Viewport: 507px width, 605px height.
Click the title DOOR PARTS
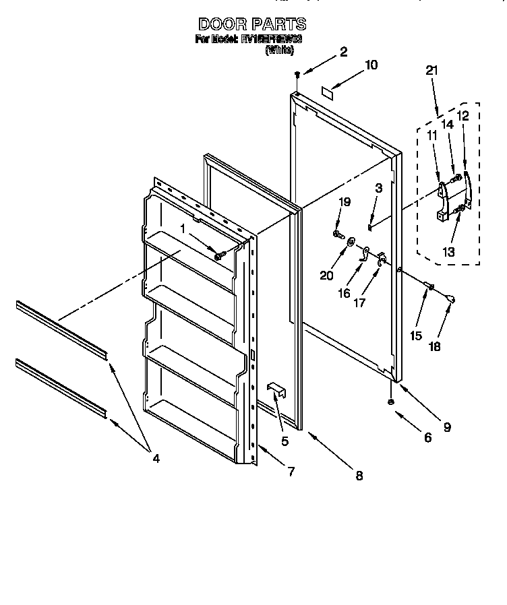252,24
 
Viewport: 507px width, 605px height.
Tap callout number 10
371,65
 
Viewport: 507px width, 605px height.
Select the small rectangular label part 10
328,91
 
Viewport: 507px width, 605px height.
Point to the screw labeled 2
297,76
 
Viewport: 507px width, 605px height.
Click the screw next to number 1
218,255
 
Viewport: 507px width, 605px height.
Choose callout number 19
345,201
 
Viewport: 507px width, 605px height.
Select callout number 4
156,459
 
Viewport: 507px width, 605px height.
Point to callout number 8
359,476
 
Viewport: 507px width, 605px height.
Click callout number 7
291,472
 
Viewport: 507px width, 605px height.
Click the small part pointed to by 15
427,288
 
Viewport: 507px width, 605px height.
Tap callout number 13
448,251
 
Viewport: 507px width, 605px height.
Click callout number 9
446,426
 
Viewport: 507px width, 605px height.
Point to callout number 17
359,302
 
